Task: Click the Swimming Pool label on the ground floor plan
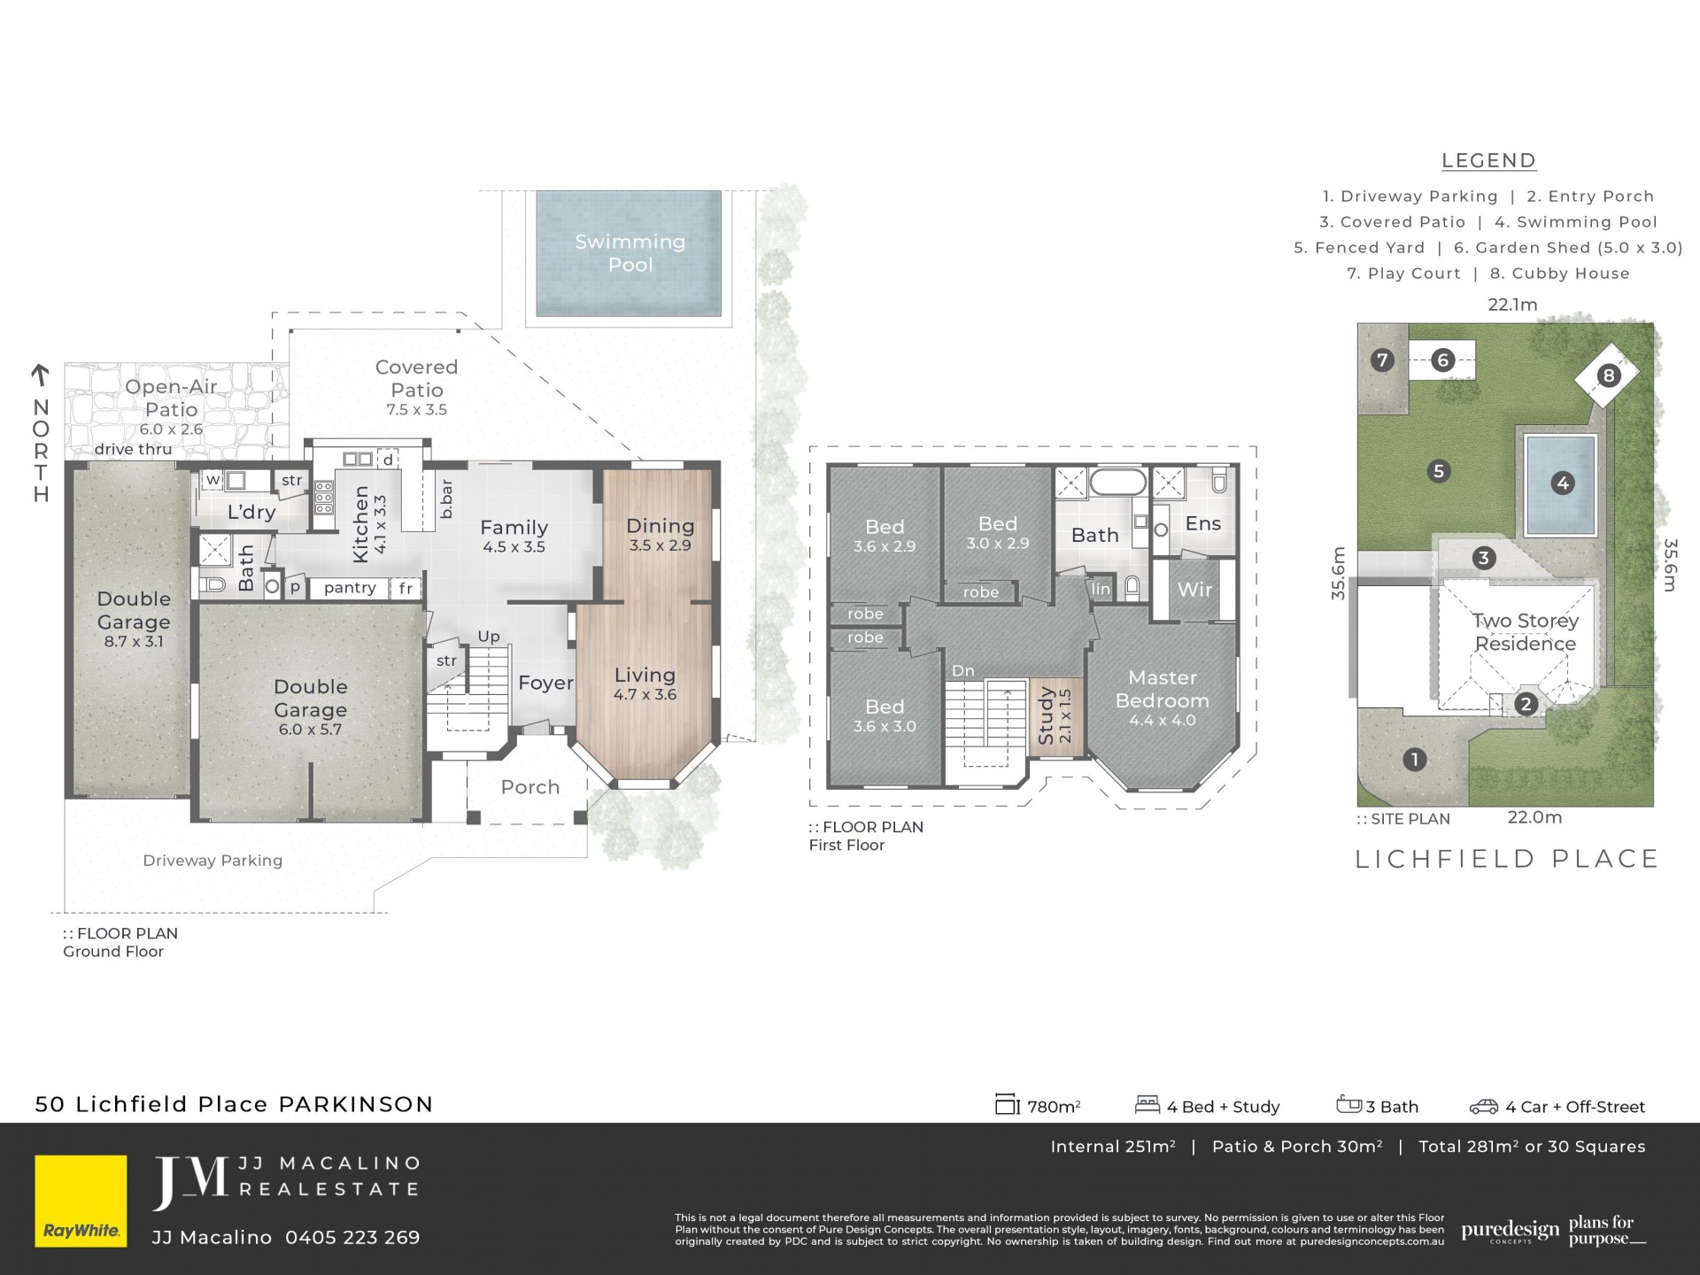tap(630, 253)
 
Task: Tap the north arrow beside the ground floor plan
tap(40, 376)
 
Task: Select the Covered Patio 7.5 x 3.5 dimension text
tap(417, 410)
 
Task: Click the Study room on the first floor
tap(1055, 717)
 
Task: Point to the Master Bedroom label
tap(1163, 689)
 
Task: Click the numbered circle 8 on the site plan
tap(1608, 375)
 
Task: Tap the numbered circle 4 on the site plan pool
tap(1562, 483)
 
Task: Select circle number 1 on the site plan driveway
tap(1414, 759)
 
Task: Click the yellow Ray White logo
tap(81, 1201)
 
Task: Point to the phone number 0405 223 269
tap(352, 1238)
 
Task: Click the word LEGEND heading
tap(1488, 161)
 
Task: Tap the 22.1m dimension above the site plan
tap(1512, 305)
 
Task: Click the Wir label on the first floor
tap(1194, 590)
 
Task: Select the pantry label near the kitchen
tap(350, 588)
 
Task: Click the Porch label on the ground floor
tap(530, 787)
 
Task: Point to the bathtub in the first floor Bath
tap(1117, 483)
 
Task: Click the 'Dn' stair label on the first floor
tap(963, 671)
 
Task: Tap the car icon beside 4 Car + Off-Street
tap(1484, 1106)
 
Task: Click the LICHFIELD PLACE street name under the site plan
tap(1507, 859)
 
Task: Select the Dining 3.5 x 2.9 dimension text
tap(660, 545)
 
